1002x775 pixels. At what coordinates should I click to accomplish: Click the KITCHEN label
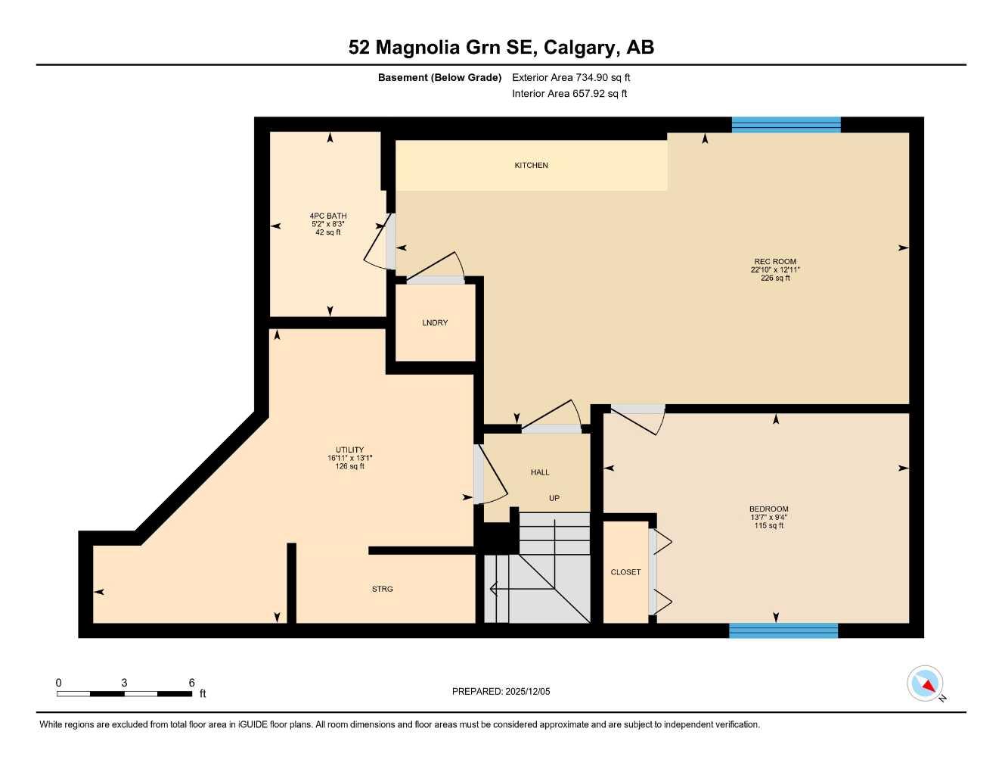pos(531,165)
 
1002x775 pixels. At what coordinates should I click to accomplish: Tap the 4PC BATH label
pos(328,216)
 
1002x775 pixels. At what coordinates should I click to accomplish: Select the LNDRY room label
pos(435,323)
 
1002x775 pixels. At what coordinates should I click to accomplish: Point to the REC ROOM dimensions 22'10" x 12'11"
pos(775,269)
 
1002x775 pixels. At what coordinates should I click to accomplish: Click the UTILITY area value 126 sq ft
pos(350,466)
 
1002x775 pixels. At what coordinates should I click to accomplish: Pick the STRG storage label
pos(382,589)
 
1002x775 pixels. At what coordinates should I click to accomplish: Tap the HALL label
pos(540,472)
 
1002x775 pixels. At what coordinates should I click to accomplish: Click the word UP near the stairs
pos(554,498)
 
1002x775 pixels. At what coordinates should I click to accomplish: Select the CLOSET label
pos(625,572)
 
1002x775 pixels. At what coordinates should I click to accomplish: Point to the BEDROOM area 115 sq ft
pos(768,526)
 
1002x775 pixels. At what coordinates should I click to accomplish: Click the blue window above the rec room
pos(786,125)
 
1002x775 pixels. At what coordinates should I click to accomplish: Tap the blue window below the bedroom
pos(783,630)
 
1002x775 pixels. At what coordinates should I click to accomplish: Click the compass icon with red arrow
pos(925,683)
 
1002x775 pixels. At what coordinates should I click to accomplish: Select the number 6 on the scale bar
pos(192,683)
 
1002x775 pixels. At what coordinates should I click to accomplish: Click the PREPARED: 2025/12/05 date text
pos(501,691)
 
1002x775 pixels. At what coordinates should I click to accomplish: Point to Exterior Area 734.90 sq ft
pos(571,77)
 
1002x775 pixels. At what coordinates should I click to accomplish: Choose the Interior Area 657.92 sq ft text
pos(569,94)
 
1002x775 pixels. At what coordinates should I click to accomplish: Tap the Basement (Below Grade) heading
pos(439,77)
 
